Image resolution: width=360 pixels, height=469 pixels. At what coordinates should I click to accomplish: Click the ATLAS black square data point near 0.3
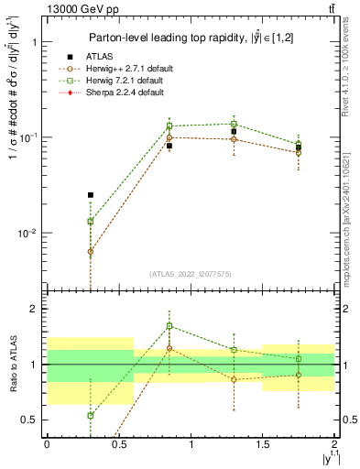[90, 195]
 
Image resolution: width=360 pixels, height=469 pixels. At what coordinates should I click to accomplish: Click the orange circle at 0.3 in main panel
[90, 251]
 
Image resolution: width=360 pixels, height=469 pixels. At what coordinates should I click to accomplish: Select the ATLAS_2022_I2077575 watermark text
[190, 274]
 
